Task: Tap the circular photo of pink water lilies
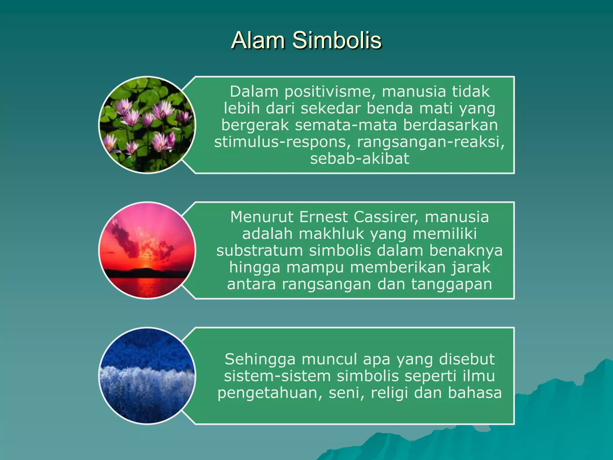tap(147, 125)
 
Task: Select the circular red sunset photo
tap(147, 250)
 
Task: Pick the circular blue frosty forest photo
tap(147, 376)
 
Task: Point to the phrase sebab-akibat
tap(359, 159)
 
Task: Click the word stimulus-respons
tap(283, 142)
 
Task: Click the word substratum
tap(260, 250)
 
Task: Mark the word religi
tap(389, 393)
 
